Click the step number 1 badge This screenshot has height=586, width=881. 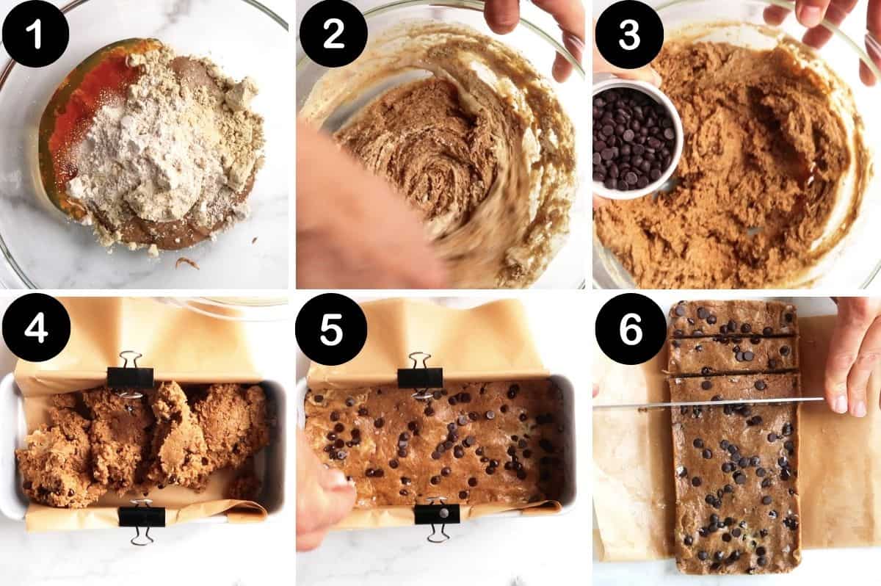click(35, 34)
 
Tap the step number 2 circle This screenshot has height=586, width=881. click(333, 34)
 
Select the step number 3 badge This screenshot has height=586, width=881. click(629, 34)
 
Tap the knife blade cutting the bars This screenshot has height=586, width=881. click(705, 402)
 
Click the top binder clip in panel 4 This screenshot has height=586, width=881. click(130, 375)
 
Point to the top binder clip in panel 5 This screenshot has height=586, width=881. click(420, 375)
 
